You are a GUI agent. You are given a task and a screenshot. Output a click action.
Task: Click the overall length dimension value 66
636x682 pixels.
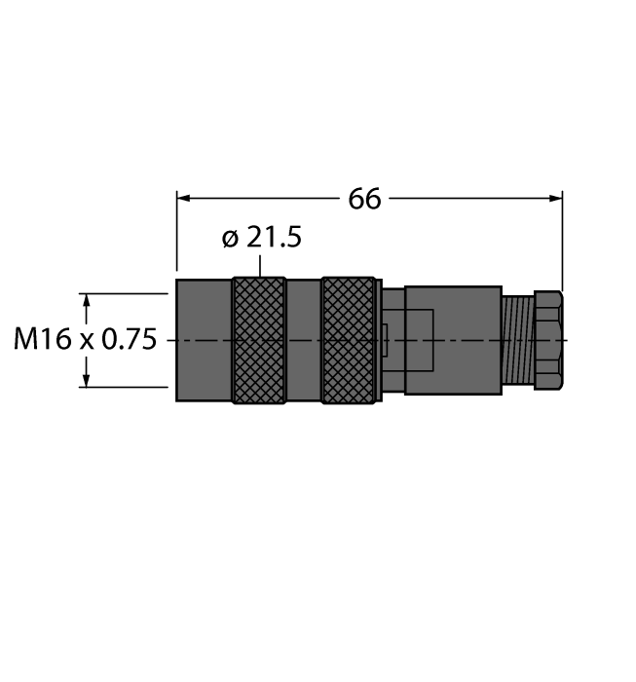(364, 199)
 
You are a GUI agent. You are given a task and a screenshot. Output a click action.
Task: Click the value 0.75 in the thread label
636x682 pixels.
(129, 340)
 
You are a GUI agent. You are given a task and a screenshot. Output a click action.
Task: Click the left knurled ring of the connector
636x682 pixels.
(259, 340)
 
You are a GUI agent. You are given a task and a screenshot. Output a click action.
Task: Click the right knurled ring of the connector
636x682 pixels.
(349, 340)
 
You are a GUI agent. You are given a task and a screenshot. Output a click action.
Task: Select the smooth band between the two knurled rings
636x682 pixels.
(303, 340)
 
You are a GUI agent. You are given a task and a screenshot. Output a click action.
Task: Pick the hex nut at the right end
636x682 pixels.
(547, 341)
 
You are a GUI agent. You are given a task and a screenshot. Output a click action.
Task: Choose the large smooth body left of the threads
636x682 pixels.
(452, 340)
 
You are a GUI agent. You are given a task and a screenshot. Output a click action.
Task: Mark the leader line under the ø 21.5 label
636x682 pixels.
(260, 265)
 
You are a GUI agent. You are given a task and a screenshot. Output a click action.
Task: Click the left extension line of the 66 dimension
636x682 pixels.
(176, 234)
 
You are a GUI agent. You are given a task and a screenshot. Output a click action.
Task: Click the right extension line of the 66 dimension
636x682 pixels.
(563, 244)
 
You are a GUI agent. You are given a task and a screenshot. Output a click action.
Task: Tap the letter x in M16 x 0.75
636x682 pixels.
(87, 341)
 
